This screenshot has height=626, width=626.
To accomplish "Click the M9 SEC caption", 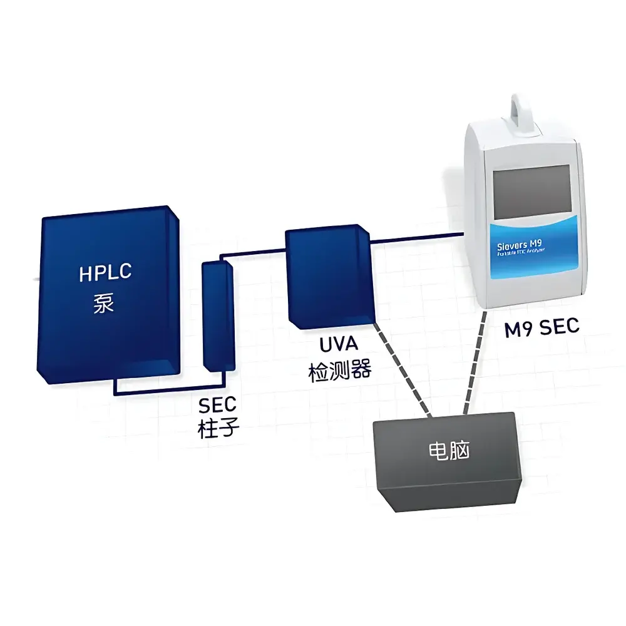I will point(543,327).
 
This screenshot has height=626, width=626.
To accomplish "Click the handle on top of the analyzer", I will point(524,110).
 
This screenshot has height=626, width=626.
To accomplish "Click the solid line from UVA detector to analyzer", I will point(416,237).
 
